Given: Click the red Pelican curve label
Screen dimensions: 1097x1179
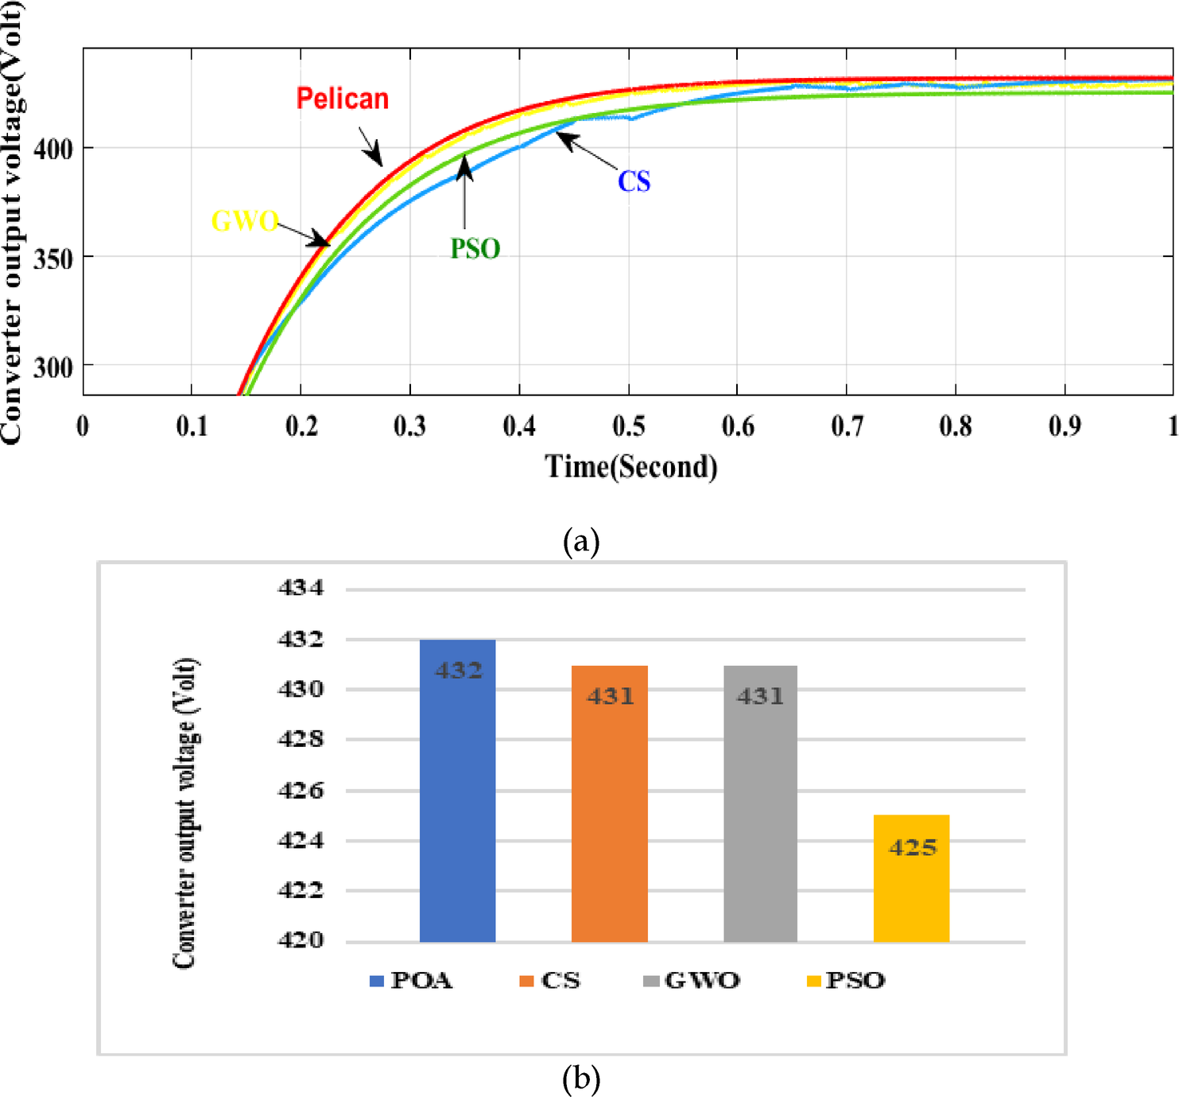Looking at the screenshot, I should (343, 99).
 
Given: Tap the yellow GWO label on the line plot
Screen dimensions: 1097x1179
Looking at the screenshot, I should (244, 220).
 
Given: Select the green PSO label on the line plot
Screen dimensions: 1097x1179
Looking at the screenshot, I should (475, 249).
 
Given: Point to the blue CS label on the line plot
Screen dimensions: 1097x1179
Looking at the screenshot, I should (634, 181).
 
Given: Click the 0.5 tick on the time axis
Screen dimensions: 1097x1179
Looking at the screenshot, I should (628, 426).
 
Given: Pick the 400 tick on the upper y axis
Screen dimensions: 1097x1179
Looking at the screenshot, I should (53, 149).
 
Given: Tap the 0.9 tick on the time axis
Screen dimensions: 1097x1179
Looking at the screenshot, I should (1065, 426).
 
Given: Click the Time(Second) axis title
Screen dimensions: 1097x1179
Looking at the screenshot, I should (630, 466).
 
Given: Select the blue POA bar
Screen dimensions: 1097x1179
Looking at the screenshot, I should (457, 796).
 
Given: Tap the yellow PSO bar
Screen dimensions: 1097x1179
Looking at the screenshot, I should (911, 883).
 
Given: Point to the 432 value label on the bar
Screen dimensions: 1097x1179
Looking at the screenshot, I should (459, 671).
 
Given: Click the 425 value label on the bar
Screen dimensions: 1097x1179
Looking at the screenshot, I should (913, 847).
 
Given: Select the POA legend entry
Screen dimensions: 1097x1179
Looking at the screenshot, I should (411, 980).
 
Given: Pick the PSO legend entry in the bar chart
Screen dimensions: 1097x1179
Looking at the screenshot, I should (846, 980).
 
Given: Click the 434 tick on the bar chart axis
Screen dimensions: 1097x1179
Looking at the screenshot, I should (301, 588).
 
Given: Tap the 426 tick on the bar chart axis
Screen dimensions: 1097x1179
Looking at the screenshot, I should (301, 790).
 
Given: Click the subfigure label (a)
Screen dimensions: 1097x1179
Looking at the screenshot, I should (580, 542).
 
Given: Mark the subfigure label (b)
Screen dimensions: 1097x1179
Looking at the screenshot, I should (580, 1079).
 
